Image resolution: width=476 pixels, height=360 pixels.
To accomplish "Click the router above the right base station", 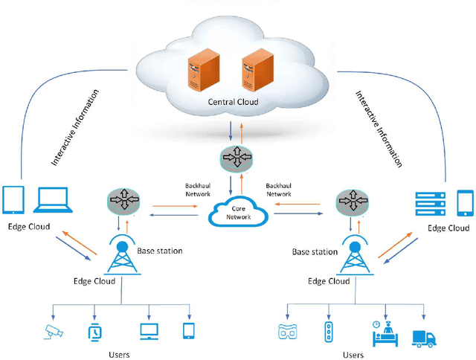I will click(x=353, y=202).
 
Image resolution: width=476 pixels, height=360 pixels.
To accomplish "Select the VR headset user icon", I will click(x=287, y=332).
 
